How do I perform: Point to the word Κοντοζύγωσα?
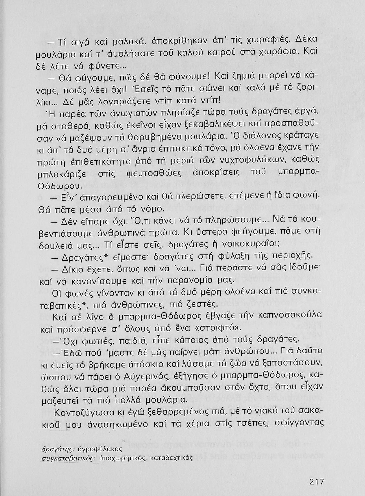83,412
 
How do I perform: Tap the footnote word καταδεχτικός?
172,459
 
